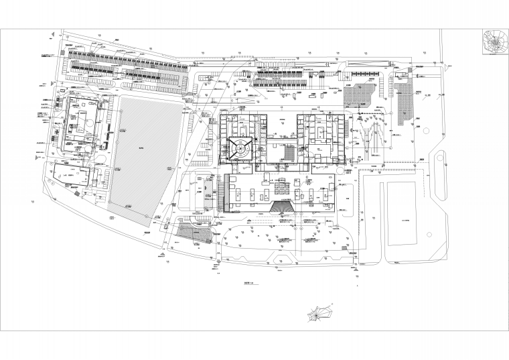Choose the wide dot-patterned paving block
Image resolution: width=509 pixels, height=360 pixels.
[x=360, y=95]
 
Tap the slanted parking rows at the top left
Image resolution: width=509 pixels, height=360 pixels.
[x=127, y=67]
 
